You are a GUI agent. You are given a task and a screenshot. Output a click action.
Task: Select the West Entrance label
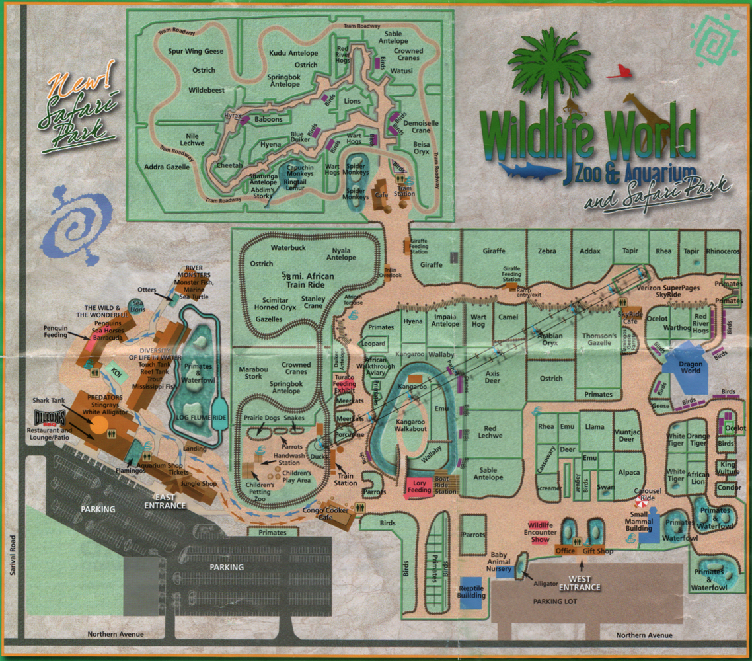coord(580,582)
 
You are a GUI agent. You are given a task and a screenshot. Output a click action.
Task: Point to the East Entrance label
coord(165,500)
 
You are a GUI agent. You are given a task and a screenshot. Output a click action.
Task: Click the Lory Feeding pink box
coord(419,486)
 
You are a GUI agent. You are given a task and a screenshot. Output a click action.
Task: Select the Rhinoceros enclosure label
coord(723,251)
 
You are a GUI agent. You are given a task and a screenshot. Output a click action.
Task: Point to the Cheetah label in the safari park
coord(229,165)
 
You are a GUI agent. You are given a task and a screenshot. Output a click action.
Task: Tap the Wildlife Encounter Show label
coord(540,531)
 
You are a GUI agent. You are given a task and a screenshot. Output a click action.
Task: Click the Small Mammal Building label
coord(639,522)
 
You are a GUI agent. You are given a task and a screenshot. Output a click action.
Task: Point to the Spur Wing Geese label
coord(196,51)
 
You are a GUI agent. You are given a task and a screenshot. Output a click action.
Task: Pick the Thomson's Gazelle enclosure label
coord(599,340)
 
